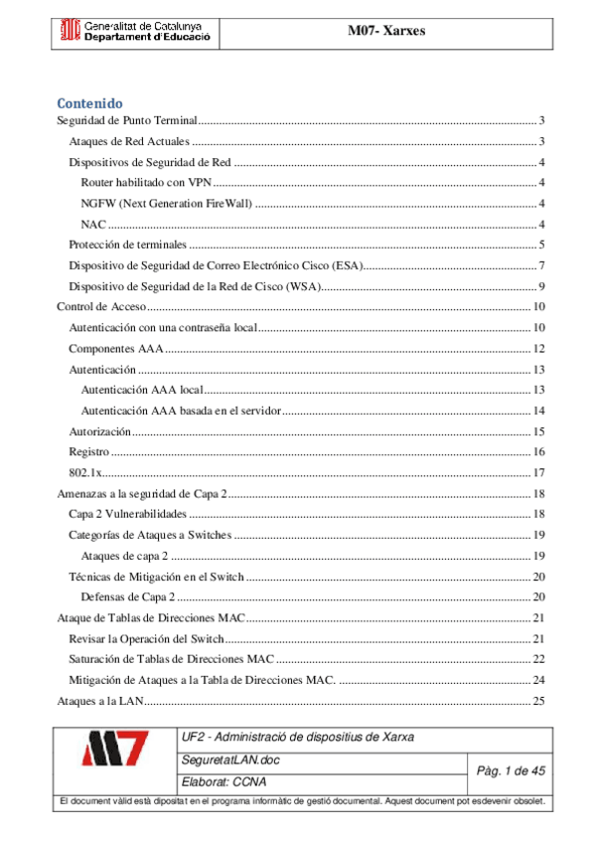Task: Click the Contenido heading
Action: pos(89,102)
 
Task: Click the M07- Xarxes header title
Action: pos(386,31)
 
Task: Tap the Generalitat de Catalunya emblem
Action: pos(71,31)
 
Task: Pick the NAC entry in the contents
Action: pos(95,225)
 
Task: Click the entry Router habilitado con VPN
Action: pos(146,183)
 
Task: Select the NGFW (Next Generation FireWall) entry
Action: pos(166,204)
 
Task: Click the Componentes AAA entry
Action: pos(115,349)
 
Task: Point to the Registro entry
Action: pos(88,452)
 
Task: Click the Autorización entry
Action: pos(99,431)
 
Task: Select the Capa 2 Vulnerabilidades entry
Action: pos(127,514)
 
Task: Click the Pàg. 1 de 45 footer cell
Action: pos(510,770)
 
